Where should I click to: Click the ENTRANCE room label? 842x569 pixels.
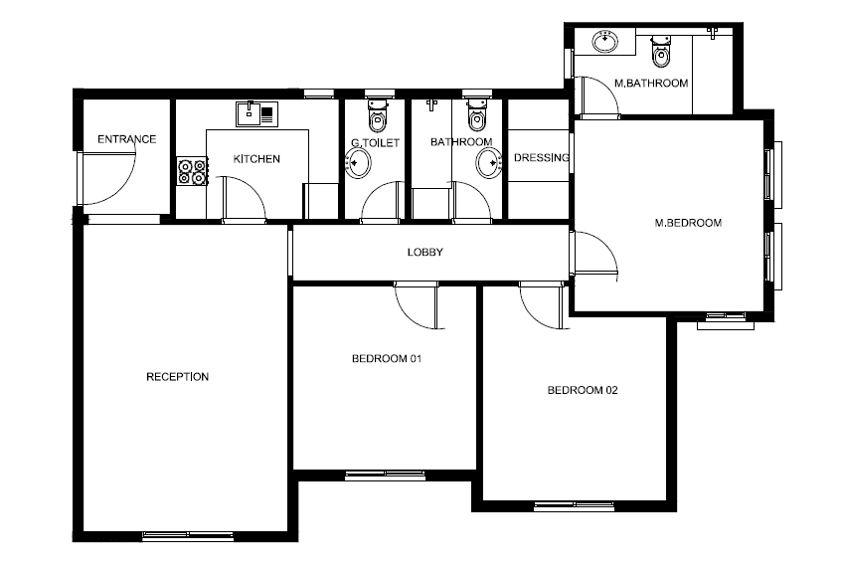(x=126, y=139)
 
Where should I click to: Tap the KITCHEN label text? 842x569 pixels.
(x=256, y=159)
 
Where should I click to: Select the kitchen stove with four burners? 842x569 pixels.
(x=192, y=171)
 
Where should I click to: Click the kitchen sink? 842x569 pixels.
(x=257, y=114)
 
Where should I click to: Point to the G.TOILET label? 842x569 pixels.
(x=376, y=143)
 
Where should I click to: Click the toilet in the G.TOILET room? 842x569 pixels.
(x=378, y=115)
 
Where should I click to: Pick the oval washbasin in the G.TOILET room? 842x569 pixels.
(x=358, y=163)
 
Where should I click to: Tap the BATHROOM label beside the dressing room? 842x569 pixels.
(x=461, y=142)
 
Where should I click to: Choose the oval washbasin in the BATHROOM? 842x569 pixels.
(x=489, y=162)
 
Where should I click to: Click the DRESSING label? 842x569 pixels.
(x=541, y=158)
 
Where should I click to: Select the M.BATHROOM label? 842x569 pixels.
(x=651, y=84)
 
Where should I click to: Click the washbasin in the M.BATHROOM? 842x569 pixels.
(x=605, y=42)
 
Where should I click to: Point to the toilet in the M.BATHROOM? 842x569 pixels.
(x=661, y=52)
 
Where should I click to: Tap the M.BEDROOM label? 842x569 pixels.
(x=688, y=223)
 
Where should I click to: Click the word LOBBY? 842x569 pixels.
(x=425, y=252)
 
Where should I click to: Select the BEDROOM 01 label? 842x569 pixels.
(x=387, y=358)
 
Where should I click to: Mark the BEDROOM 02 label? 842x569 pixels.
(x=583, y=390)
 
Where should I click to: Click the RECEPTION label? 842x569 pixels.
(x=178, y=377)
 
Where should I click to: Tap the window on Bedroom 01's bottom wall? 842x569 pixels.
(x=385, y=474)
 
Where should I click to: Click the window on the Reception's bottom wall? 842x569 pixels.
(x=188, y=536)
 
